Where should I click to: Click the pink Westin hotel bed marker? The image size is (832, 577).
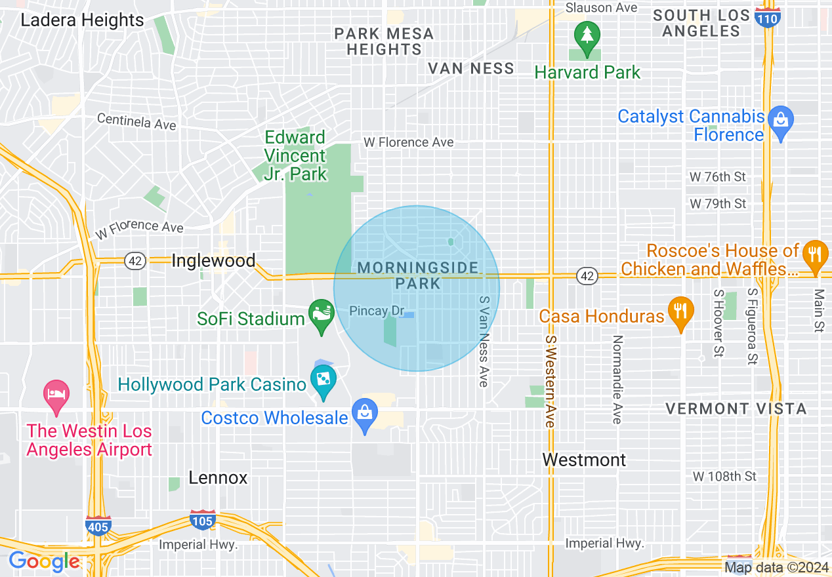(56, 395)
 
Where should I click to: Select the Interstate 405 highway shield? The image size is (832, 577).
(98, 525)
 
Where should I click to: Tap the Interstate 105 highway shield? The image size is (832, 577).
(202, 519)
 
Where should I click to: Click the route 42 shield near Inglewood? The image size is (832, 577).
(135, 261)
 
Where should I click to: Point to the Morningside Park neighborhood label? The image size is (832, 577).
(419, 275)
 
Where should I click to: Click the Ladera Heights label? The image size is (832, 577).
(82, 20)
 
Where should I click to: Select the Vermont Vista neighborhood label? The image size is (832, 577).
(736, 408)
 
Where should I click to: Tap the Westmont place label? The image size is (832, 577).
(584, 460)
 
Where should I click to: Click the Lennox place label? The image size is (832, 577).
(218, 477)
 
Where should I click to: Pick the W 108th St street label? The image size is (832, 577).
(724, 475)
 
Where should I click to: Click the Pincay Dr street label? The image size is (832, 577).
(376, 310)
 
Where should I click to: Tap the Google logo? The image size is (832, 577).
(45, 561)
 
